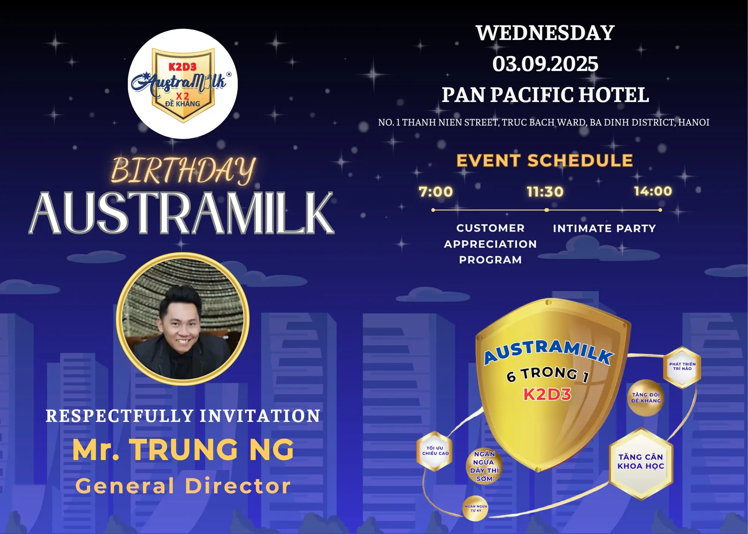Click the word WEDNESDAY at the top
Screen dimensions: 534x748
click(x=545, y=33)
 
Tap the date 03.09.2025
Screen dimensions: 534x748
click(x=545, y=64)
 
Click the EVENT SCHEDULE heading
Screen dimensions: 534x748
click(x=545, y=161)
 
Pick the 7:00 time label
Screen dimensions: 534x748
click(x=436, y=192)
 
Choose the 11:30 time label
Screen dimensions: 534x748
click(x=545, y=192)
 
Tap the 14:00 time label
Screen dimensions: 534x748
click(x=653, y=191)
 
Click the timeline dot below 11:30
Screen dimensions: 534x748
click(x=546, y=210)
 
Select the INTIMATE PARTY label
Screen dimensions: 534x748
click(x=604, y=228)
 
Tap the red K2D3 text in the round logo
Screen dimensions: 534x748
click(x=183, y=67)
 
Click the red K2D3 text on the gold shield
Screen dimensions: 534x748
click(x=547, y=395)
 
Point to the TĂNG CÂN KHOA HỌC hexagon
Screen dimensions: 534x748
click(x=641, y=462)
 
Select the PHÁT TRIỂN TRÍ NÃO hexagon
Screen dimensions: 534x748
click(x=682, y=366)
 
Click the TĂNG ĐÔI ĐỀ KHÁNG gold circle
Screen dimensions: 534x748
click(x=646, y=398)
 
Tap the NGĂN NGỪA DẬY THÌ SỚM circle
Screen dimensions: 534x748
click(x=484, y=466)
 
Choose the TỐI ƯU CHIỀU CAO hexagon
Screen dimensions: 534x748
click(x=435, y=451)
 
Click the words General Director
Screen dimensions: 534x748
click(x=183, y=486)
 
